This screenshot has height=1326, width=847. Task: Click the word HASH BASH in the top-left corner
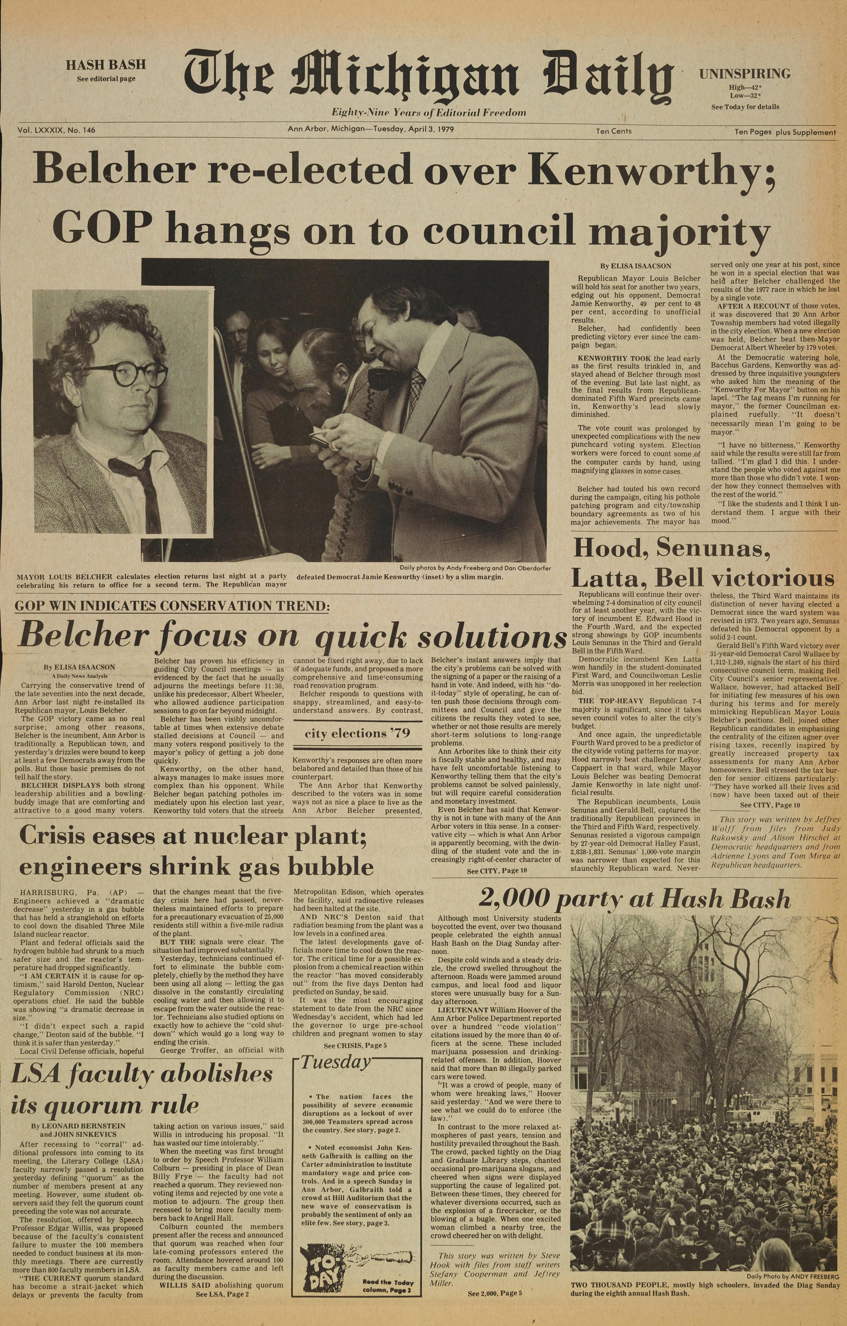106,64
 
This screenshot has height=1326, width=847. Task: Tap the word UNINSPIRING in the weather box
745,73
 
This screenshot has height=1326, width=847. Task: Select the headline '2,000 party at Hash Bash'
634,899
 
